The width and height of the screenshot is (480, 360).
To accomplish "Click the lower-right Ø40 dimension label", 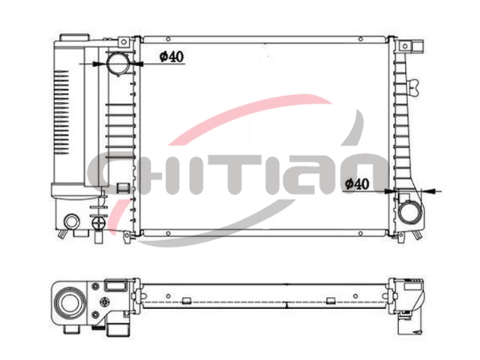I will click(357, 184).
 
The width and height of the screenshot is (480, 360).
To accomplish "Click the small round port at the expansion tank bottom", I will click(72, 222).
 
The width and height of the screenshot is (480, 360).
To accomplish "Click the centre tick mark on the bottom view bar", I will click(286, 304).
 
